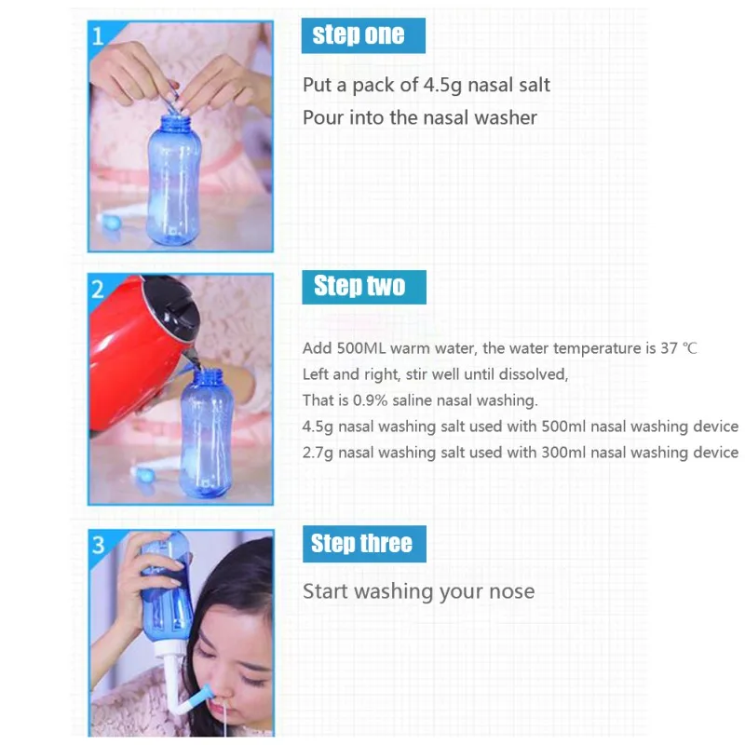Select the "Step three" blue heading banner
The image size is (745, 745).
pyautogui.click(x=362, y=544)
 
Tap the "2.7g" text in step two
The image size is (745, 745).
pyautogui.click(x=319, y=453)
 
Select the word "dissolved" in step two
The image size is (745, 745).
pyautogui.click(x=531, y=374)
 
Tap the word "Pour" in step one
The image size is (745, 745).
pyautogui.click(x=321, y=118)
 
